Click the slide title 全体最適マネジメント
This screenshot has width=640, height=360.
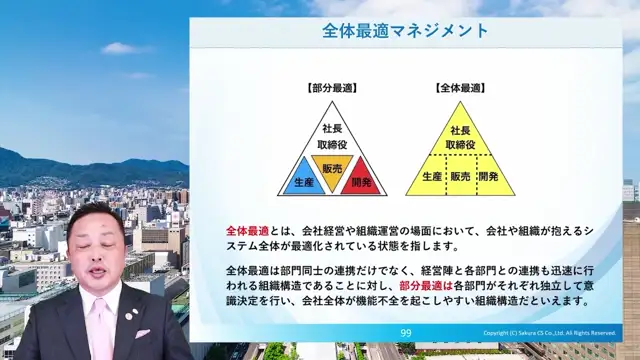coord(406,31)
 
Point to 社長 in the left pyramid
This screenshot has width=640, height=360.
coord(331,130)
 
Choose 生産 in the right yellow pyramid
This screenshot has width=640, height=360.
coord(431,176)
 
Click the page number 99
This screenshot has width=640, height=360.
coord(406,333)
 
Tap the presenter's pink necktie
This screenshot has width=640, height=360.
coord(101,320)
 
